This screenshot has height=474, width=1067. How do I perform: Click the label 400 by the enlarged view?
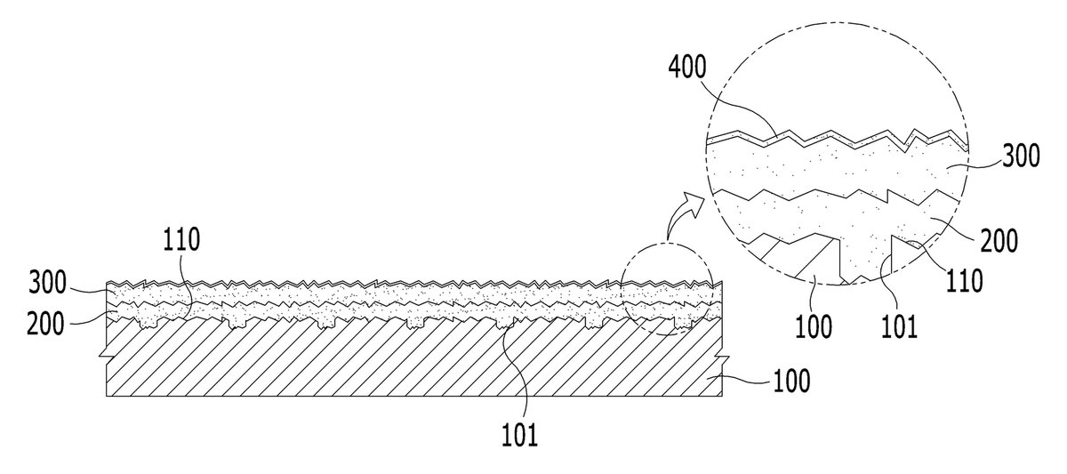(x=687, y=68)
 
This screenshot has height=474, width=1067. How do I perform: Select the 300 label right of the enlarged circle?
(x=1022, y=156)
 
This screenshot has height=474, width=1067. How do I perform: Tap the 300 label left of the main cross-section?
(x=48, y=283)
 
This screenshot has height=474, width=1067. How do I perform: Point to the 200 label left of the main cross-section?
(x=45, y=324)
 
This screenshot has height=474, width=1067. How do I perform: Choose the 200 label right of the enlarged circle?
(x=999, y=240)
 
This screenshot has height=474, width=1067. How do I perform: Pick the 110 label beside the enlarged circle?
(x=965, y=281)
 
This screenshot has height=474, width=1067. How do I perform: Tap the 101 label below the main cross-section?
(x=519, y=435)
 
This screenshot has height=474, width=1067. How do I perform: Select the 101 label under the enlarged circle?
(x=899, y=326)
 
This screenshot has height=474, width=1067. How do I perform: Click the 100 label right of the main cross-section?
(x=791, y=382)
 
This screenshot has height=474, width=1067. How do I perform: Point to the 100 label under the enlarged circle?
(x=814, y=326)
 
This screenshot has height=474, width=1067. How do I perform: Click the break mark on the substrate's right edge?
(x=723, y=358)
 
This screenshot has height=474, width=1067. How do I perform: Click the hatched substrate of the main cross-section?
(x=413, y=362)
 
